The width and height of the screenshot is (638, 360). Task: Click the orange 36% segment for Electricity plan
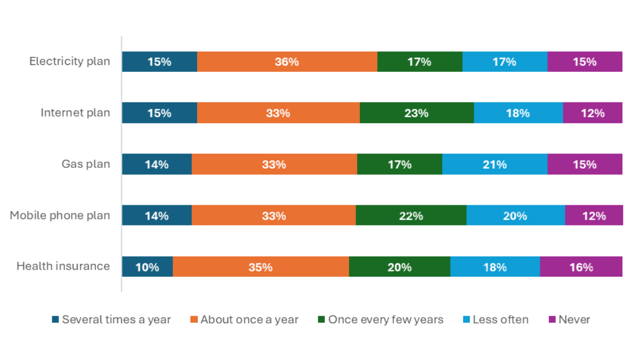287,62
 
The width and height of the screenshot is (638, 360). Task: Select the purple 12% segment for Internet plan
593,113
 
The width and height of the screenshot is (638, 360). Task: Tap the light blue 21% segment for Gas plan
494,164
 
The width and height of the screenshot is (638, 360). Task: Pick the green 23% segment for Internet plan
416,113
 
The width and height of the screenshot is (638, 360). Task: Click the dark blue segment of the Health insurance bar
147,267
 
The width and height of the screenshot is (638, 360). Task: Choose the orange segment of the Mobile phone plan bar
274,216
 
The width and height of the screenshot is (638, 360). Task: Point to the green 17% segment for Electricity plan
420,62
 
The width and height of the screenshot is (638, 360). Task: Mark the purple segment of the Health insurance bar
581,267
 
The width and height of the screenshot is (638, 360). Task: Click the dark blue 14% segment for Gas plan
156,164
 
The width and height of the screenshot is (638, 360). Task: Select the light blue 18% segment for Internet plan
518,113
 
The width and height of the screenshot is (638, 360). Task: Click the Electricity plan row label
70,61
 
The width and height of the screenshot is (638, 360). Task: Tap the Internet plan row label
75,113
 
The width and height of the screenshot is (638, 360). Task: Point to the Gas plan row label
86,164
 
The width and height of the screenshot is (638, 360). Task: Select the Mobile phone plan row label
60,216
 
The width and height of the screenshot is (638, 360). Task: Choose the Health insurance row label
63,266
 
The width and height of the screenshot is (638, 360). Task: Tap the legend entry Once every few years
385,320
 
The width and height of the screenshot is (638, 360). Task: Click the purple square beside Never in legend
552,320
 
